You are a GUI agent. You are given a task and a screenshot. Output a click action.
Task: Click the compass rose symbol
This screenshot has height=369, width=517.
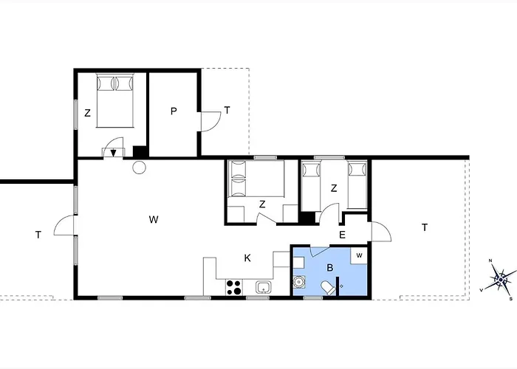[x=501, y=280]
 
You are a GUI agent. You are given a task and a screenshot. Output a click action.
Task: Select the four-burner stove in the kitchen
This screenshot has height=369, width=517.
[x=234, y=287]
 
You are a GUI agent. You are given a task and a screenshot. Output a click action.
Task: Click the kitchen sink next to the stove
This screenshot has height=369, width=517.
[x=264, y=287]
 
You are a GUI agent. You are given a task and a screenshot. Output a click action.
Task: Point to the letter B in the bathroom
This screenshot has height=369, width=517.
[x=329, y=268]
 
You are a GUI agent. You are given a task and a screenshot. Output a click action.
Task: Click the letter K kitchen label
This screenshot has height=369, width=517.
[x=247, y=258]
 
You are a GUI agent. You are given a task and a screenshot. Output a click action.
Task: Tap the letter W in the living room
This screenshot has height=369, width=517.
[x=154, y=219]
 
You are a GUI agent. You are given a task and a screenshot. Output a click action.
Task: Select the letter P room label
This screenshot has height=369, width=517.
[x=174, y=111]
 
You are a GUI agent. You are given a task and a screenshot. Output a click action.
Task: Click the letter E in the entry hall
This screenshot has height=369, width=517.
[x=342, y=235]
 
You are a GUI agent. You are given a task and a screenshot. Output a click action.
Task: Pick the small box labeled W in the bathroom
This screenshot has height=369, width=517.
[x=359, y=255]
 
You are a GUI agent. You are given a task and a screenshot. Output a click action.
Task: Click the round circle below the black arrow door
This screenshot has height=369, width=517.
[x=139, y=168]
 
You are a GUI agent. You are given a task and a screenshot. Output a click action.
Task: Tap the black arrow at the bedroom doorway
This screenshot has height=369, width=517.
[x=113, y=154]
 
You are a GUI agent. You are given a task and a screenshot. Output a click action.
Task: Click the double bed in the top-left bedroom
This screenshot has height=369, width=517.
[x=115, y=100]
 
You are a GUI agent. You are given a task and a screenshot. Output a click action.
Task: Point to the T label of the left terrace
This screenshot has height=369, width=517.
[x=38, y=235]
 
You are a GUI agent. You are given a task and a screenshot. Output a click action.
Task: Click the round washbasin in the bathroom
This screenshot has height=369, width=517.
[x=299, y=282]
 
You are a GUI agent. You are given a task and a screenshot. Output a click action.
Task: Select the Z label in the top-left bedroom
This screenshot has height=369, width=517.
[x=87, y=113]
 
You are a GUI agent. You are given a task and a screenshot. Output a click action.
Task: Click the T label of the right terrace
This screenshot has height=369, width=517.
[x=425, y=227]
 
